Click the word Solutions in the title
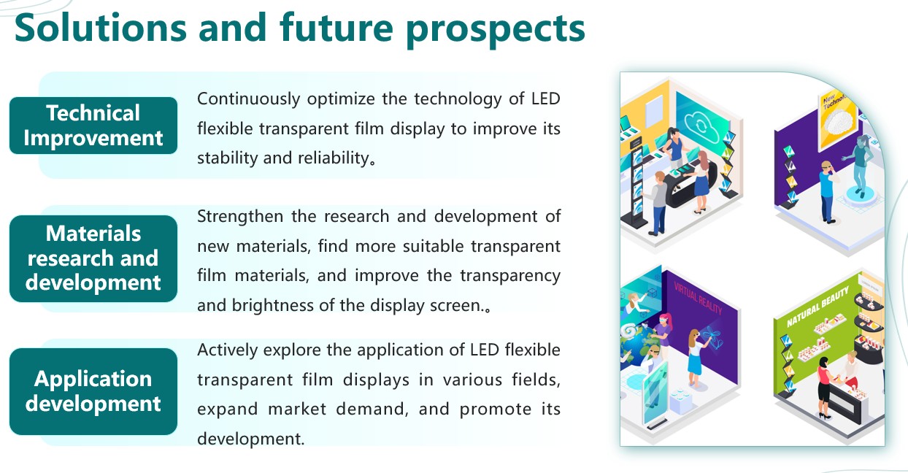click(101, 28)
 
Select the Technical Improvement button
click(93, 126)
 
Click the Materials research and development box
click(93, 258)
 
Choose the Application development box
click(93, 391)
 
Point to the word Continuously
click(248, 99)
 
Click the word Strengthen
click(240, 217)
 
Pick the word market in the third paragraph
click(297, 409)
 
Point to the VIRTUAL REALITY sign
click(698, 299)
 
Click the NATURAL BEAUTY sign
click(817, 307)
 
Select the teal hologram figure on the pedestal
click(859, 166)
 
